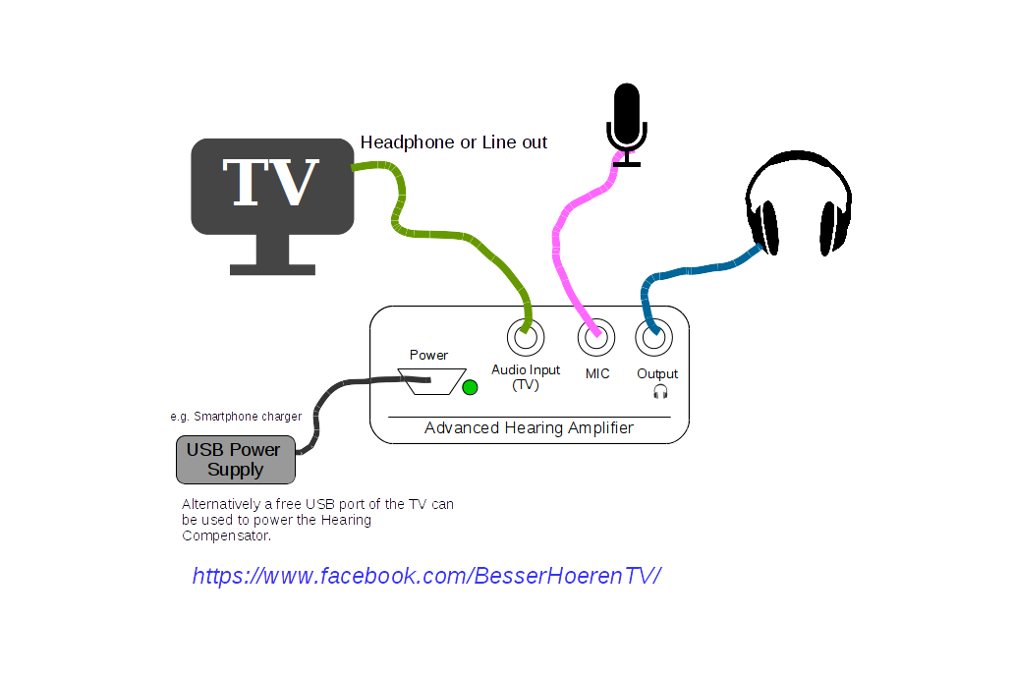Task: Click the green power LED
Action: [470, 387]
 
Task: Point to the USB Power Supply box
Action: [236, 460]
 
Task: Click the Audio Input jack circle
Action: [526, 339]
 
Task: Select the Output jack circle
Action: [654, 339]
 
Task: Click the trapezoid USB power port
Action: [430, 381]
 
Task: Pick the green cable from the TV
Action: [442, 234]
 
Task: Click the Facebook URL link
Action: [426, 576]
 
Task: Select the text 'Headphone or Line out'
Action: [454, 142]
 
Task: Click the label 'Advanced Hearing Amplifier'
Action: [529, 428]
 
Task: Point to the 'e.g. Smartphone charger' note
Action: [236, 417]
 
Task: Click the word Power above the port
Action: [428, 355]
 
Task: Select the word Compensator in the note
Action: [226, 535]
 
